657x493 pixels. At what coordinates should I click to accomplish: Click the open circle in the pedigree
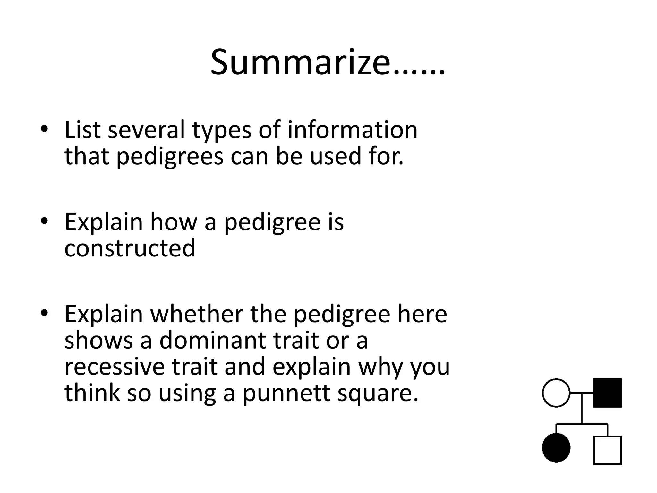point(556,393)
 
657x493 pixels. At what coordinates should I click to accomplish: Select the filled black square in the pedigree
point(607,393)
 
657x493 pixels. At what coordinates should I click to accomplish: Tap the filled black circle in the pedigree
point(556,448)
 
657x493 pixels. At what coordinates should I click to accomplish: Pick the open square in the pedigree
point(607,450)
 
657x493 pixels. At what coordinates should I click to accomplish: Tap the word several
point(146,130)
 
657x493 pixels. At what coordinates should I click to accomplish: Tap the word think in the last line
point(92,393)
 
